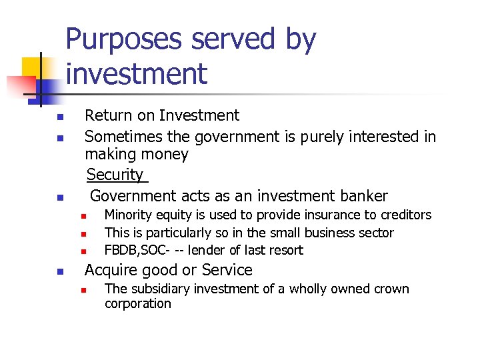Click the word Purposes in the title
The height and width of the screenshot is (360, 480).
(123, 40)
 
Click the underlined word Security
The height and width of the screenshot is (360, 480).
(115, 175)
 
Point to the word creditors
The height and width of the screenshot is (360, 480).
(405, 215)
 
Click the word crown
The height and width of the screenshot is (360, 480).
(390, 289)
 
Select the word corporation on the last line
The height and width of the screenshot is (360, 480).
(138, 303)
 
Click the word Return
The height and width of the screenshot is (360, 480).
(107, 115)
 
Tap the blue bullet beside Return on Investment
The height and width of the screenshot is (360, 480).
(59, 117)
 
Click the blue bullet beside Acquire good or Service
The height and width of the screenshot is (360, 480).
(59, 272)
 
